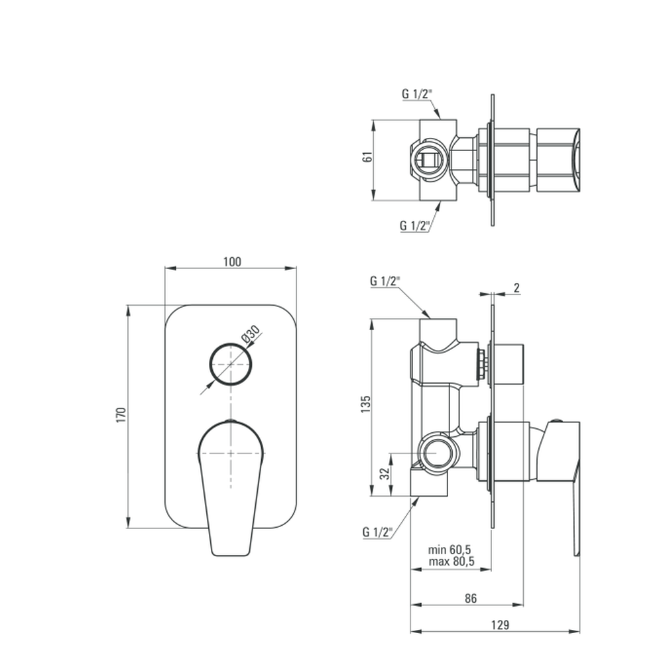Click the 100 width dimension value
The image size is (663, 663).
coord(232,262)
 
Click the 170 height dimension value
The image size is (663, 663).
coord(121,415)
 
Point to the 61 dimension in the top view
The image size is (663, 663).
coord(368,156)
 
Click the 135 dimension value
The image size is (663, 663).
coord(366,404)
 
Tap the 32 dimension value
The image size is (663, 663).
coord(385,473)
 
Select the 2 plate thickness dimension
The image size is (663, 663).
coord(516,288)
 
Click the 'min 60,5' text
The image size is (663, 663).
coord(449,550)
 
